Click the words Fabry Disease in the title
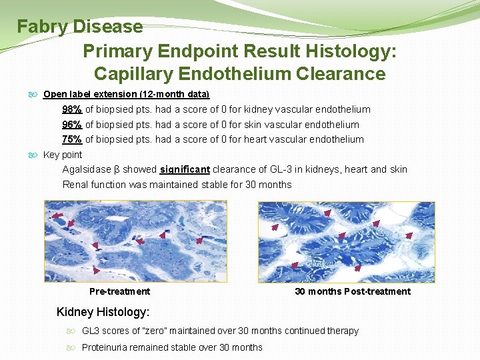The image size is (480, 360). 80,27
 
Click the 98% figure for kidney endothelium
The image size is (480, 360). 72,109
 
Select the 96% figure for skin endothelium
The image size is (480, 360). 72,125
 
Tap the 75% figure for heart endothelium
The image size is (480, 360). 72,139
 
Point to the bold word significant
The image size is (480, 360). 185,169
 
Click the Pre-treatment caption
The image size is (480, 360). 120,291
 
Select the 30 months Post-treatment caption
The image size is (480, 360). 353,291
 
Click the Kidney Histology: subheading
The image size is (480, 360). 103,312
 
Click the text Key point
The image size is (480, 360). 63,155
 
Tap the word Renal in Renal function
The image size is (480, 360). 75,184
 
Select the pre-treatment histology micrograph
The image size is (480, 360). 136,241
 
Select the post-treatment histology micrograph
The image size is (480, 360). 346,241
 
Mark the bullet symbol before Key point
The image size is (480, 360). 35,155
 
